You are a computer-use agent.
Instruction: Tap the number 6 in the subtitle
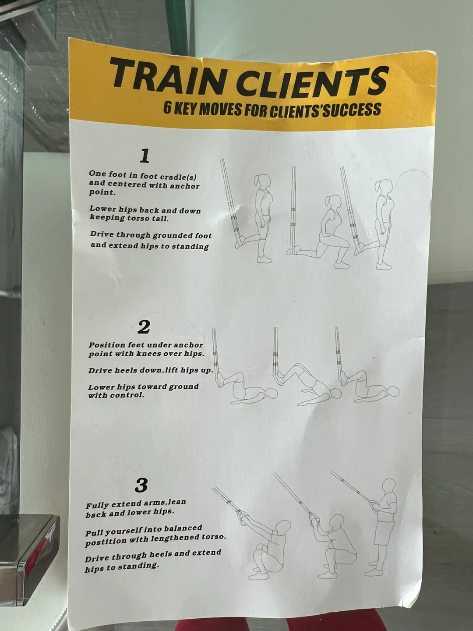(167, 107)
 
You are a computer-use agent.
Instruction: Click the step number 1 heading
(144, 156)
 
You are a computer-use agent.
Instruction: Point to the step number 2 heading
(144, 327)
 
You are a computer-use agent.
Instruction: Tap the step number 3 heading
(141, 486)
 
